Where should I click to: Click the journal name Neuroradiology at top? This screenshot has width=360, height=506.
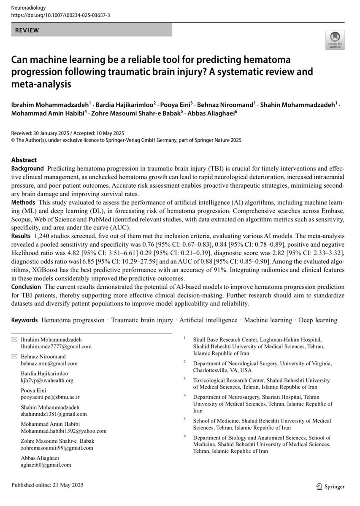29,8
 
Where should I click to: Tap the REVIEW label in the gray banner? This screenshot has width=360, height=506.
27,30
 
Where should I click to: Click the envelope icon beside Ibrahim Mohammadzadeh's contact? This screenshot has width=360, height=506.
15,339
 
